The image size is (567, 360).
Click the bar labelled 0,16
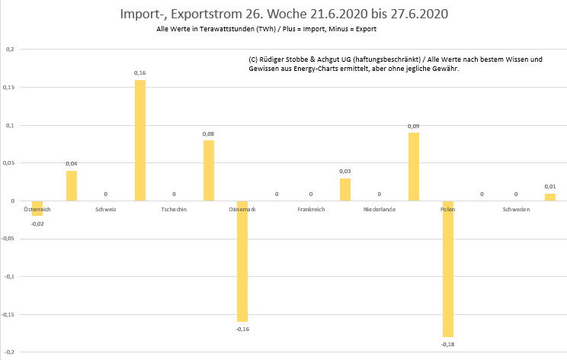(x=140, y=140)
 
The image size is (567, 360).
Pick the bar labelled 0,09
(x=413, y=166)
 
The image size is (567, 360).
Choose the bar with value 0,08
(x=208, y=170)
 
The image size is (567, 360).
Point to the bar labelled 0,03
(x=345, y=189)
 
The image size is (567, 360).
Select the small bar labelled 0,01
(x=549, y=197)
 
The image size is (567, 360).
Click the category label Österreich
(x=37, y=208)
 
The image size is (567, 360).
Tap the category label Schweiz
(x=106, y=208)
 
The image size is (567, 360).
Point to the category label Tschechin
(x=175, y=208)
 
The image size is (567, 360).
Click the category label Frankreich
(x=311, y=208)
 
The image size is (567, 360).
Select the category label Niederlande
(x=379, y=208)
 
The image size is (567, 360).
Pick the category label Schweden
(x=516, y=208)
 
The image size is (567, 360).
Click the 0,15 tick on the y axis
(x=8, y=87)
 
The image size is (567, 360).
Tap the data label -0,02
(x=37, y=223)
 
